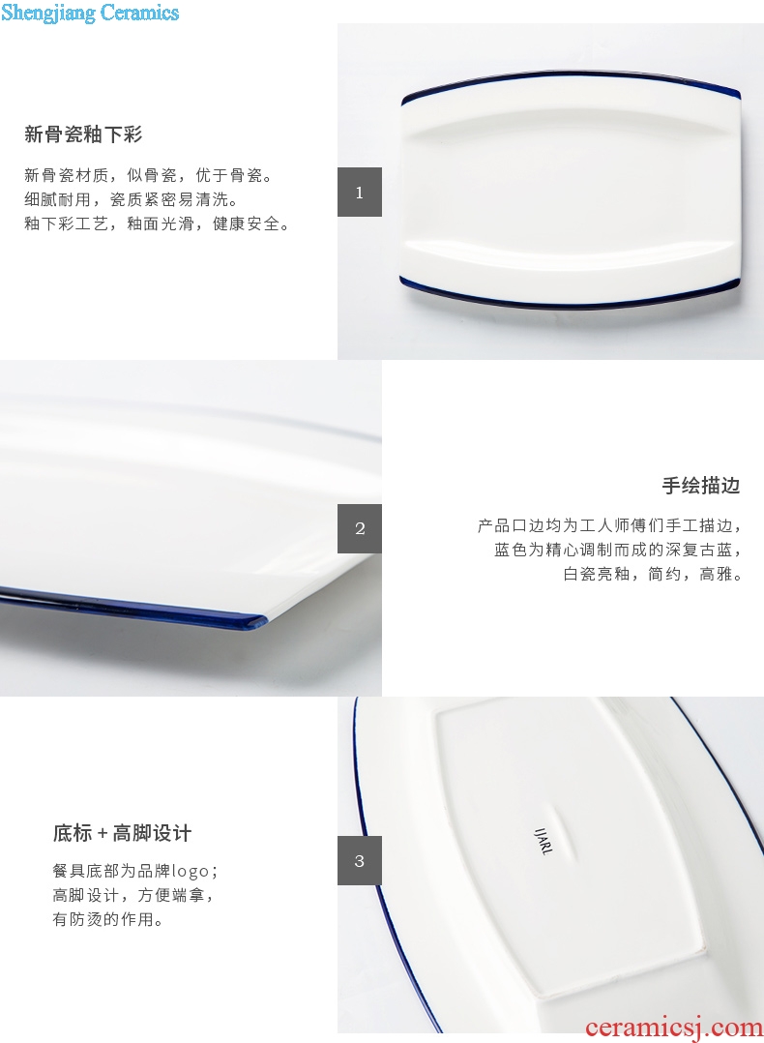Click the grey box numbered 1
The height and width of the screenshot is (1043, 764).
[360, 193]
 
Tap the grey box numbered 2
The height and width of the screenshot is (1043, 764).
[360, 528]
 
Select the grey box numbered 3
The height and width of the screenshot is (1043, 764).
[360, 861]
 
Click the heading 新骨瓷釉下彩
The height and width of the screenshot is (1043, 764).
[83, 134]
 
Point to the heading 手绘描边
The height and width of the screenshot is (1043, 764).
[701, 486]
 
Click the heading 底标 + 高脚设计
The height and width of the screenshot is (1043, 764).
[123, 833]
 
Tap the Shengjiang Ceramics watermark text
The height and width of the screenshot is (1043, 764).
[90, 13]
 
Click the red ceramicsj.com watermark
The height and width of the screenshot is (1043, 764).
[673, 1028]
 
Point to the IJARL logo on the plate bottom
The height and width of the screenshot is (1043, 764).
[544, 842]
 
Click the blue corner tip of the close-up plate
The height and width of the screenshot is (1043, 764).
[263, 621]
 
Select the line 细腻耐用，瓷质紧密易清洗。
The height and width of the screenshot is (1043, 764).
[132, 199]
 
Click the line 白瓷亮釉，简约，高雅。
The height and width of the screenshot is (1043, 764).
[652, 574]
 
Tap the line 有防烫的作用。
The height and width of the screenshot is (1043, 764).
[107, 919]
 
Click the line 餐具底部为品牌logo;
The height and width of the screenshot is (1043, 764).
[135, 871]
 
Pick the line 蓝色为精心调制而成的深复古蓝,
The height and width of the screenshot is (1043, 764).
[618, 551]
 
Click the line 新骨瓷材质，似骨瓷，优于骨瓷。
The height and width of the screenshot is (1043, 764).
[149, 176]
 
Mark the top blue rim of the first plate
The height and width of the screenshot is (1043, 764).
[571, 75]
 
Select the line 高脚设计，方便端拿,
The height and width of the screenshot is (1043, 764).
[133, 895]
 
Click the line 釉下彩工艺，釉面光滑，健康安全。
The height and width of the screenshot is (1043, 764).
[158, 224]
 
